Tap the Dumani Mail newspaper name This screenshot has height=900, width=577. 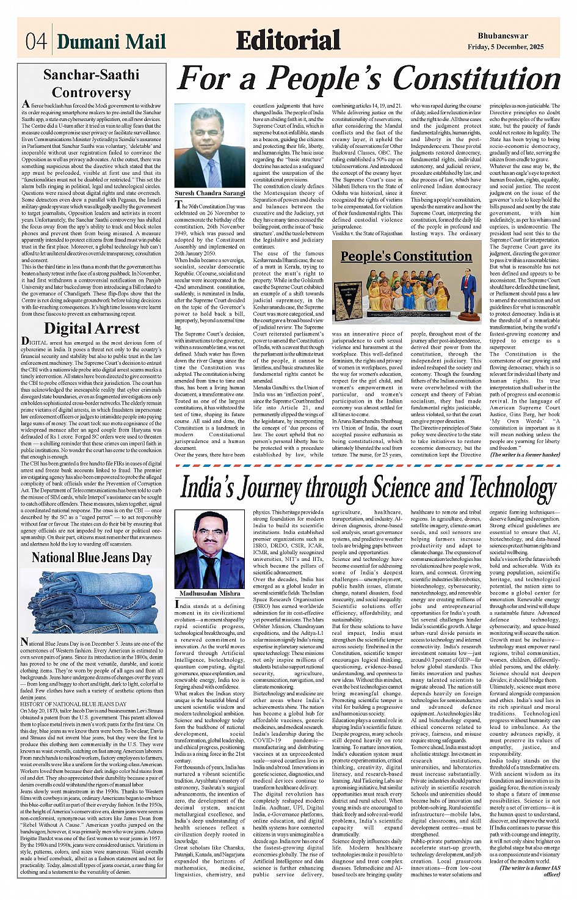pos(111,41)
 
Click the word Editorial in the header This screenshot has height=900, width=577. pos(288,40)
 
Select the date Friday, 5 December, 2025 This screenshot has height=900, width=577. pos(512,46)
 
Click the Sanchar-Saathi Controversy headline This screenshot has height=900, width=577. pos(91,84)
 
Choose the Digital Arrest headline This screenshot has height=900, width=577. pos(92,328)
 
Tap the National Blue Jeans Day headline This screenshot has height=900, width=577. pos(92,557)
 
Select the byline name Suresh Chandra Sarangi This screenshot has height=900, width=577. pos(210,193)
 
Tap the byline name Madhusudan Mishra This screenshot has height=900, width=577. pos(210,593)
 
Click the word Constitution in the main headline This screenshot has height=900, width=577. pos(476,79)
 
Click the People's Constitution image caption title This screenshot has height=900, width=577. pos(407,256)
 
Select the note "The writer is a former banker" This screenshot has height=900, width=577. pos(524,455)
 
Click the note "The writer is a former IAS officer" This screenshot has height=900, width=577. pos(529,871)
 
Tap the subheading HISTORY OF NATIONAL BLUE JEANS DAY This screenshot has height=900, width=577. pos(73,704)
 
